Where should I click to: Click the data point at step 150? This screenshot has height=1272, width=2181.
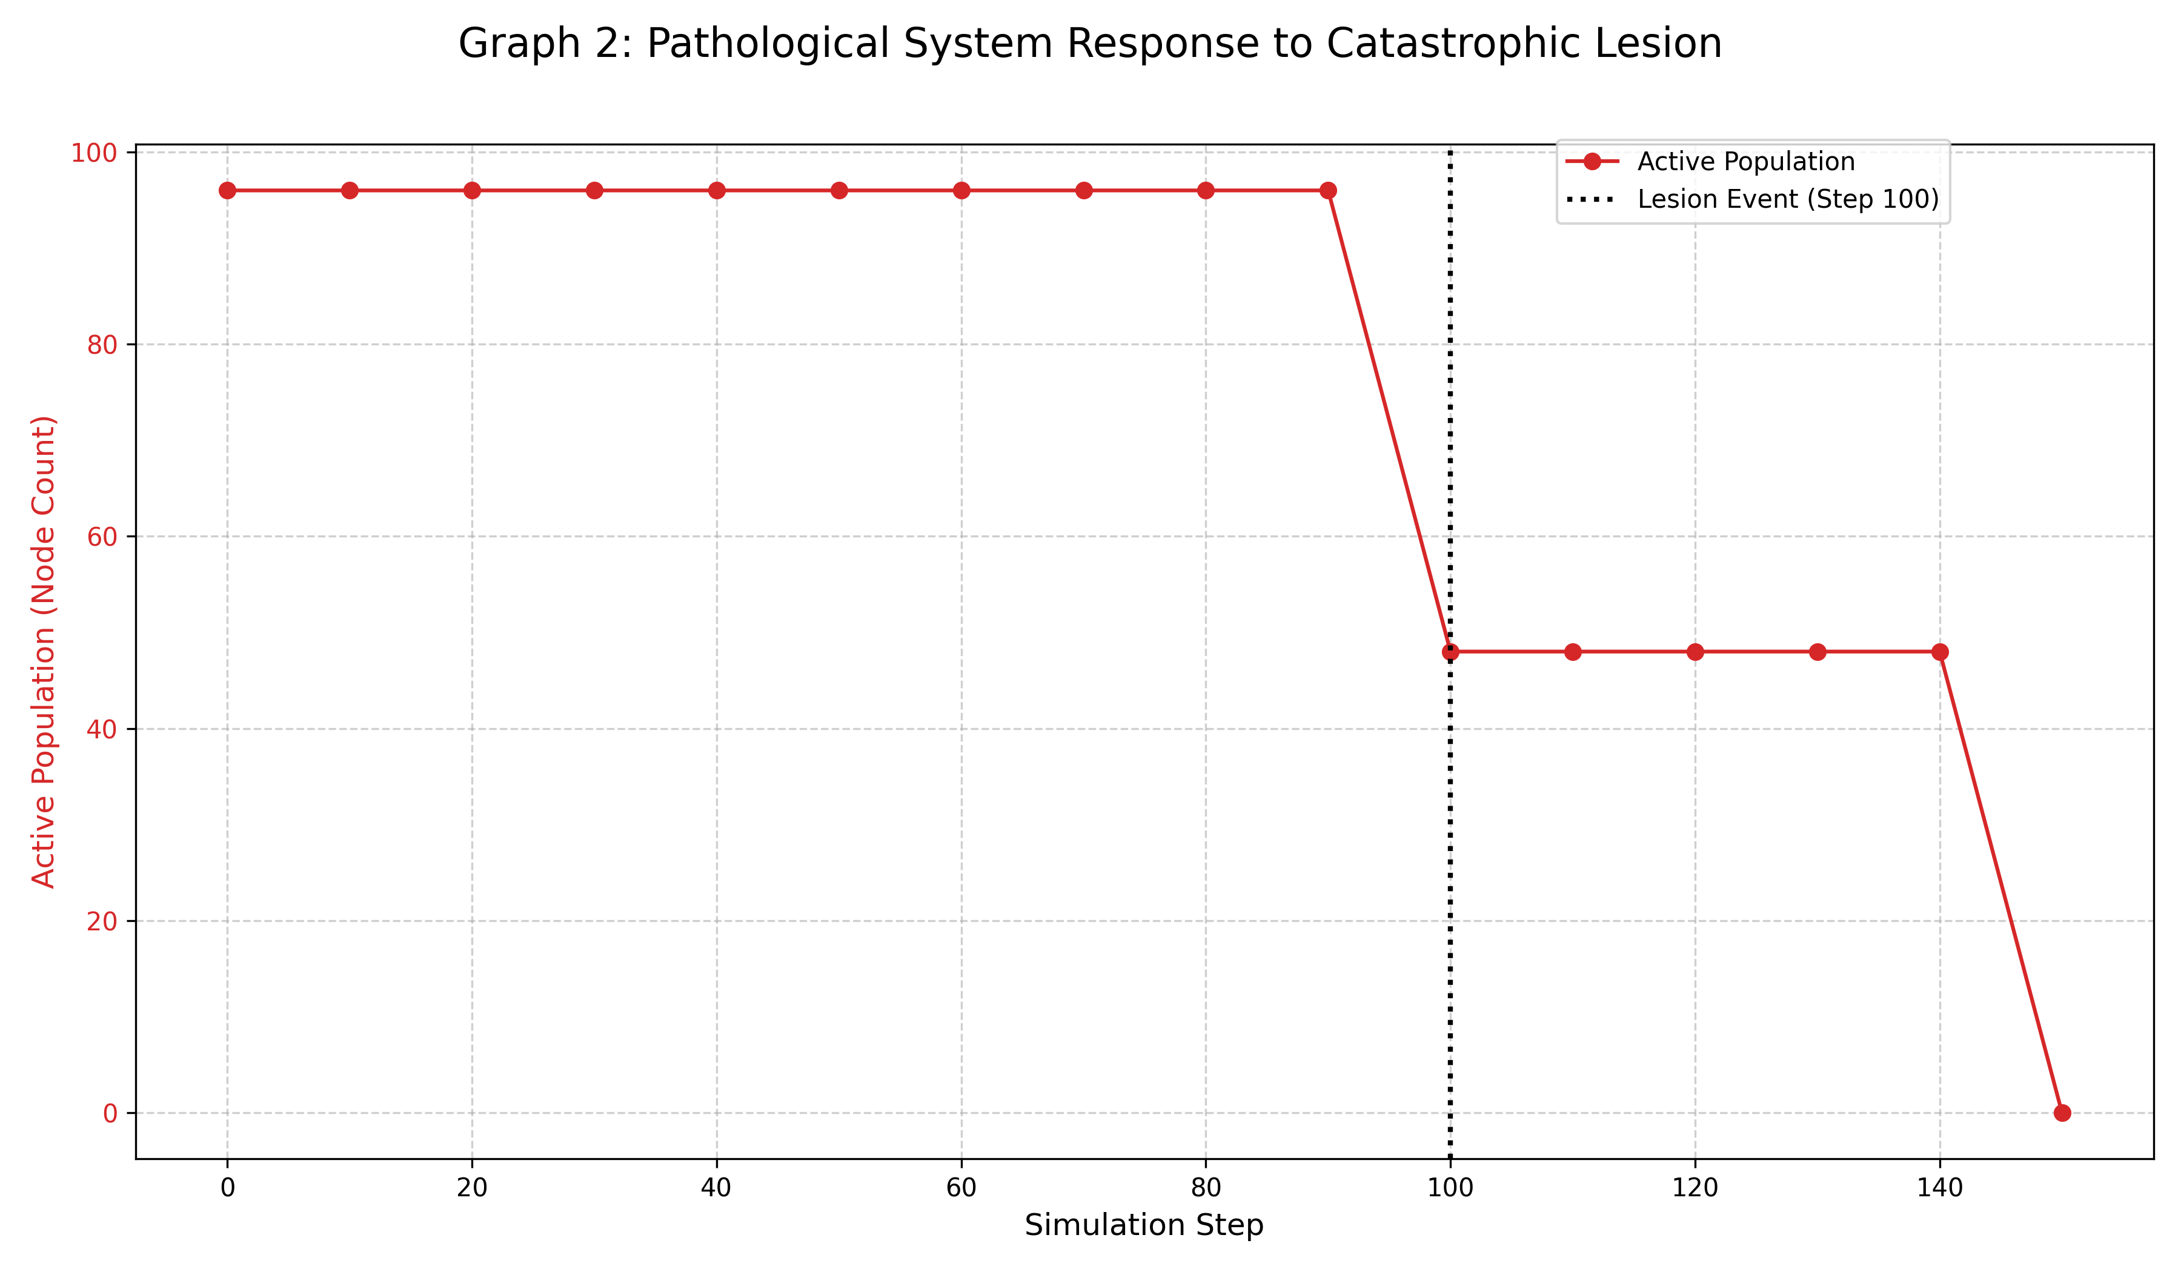pyautogui.click(x=2062, y=1113)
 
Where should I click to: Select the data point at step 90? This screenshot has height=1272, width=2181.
pyautogui.click(x=1327, y=190)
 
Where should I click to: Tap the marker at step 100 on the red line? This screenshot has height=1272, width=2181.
pyautogui.click(x=1450, y=652)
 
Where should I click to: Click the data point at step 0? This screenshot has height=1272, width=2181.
pyautogui.click(x=228, y=190)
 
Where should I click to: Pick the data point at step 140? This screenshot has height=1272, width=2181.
pyautogui.click(x=1939, y=652)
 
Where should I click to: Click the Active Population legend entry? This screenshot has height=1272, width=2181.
pyautogui.click(x=1745, y=162)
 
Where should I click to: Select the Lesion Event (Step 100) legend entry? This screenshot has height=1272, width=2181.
pyautogui.click(x=1788, y=199)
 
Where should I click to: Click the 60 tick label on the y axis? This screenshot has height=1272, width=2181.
pyautogui.click(x=102, y=537)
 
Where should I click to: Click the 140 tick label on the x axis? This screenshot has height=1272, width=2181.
pyautogui.click(x=1939, y=1188)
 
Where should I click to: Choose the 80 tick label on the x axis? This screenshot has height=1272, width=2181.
pyautogui.click(x=1206, y=1188)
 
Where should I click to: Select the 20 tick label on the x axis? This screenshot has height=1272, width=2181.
pyautogui.click(x=472, y=1188)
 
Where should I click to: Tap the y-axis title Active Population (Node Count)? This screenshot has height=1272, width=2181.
pyautogui.click(x=43, y=652)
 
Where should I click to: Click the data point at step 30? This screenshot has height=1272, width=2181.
pyautogui.click(x=594, y=190)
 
